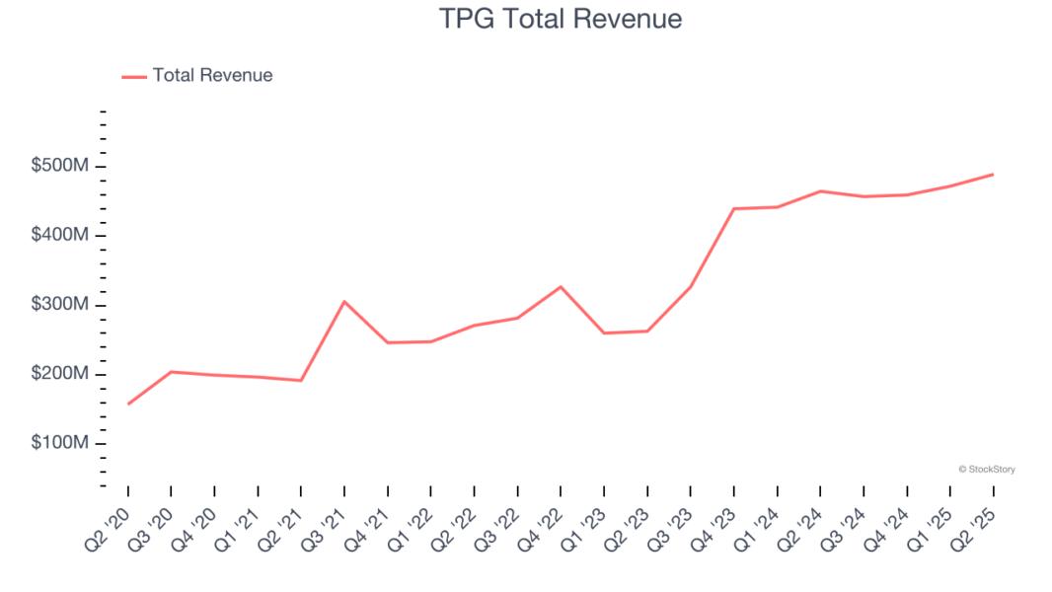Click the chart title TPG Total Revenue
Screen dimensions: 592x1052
560,19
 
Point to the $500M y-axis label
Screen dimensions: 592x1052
60,166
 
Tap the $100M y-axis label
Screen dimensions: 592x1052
60,444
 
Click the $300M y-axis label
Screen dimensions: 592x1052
60,305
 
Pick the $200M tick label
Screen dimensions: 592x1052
60,375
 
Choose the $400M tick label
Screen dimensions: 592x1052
60,236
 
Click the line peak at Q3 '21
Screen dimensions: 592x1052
343,301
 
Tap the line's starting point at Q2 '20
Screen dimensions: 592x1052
128,404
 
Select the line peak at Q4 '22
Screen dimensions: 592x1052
561,287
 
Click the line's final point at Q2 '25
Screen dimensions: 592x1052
992,175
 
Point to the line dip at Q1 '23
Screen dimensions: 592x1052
603,333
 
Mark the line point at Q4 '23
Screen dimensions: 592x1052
734,208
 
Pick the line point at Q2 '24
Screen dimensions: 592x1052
820,191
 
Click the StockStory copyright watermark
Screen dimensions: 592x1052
986,470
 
